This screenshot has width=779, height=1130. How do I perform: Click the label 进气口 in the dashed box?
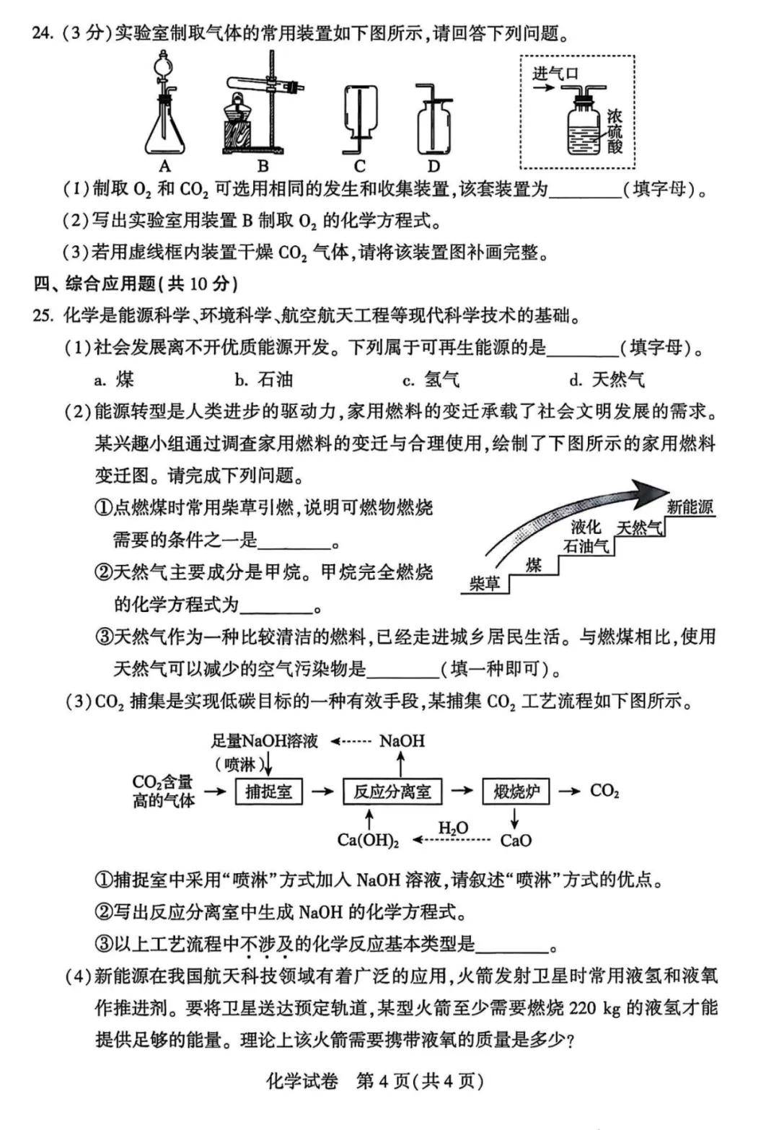(555, 73)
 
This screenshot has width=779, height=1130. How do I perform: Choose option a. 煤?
(115, 379)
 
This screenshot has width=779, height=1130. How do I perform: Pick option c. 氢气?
(431, 379)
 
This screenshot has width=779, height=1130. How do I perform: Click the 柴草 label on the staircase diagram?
(484, 582)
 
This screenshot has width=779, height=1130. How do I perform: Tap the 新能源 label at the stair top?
(690, 507)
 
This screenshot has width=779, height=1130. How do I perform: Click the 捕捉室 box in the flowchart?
(268, 792)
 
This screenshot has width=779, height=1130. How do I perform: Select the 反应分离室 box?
(392, 792)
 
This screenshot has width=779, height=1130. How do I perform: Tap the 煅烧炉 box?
(516, 792)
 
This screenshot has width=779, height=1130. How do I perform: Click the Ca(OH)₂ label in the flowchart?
(368, 840)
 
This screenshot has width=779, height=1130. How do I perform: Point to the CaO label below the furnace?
(516, 840)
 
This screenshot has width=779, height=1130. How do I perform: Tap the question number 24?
(43, 34)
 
